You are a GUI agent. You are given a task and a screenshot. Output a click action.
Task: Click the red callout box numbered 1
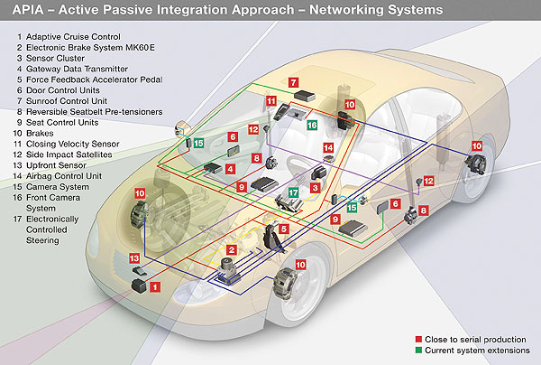[154, 287]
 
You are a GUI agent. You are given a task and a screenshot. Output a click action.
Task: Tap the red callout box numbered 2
[232, 250]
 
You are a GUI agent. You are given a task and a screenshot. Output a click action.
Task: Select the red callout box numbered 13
[134, 259]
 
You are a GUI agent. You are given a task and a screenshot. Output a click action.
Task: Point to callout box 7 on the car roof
[293, 82]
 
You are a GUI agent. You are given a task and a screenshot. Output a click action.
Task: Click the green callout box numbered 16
[311, 126]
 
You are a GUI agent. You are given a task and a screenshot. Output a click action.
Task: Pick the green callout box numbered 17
[293, 192]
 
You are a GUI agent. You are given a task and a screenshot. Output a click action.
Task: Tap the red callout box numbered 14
[329, 147]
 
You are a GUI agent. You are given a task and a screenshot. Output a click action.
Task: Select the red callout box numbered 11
[271, 102]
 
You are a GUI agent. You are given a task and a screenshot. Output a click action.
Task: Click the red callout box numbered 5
[283, 229]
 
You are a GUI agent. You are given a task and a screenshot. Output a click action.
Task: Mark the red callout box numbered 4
[231, 169]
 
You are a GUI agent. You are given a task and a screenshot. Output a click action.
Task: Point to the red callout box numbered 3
[316, 187]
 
